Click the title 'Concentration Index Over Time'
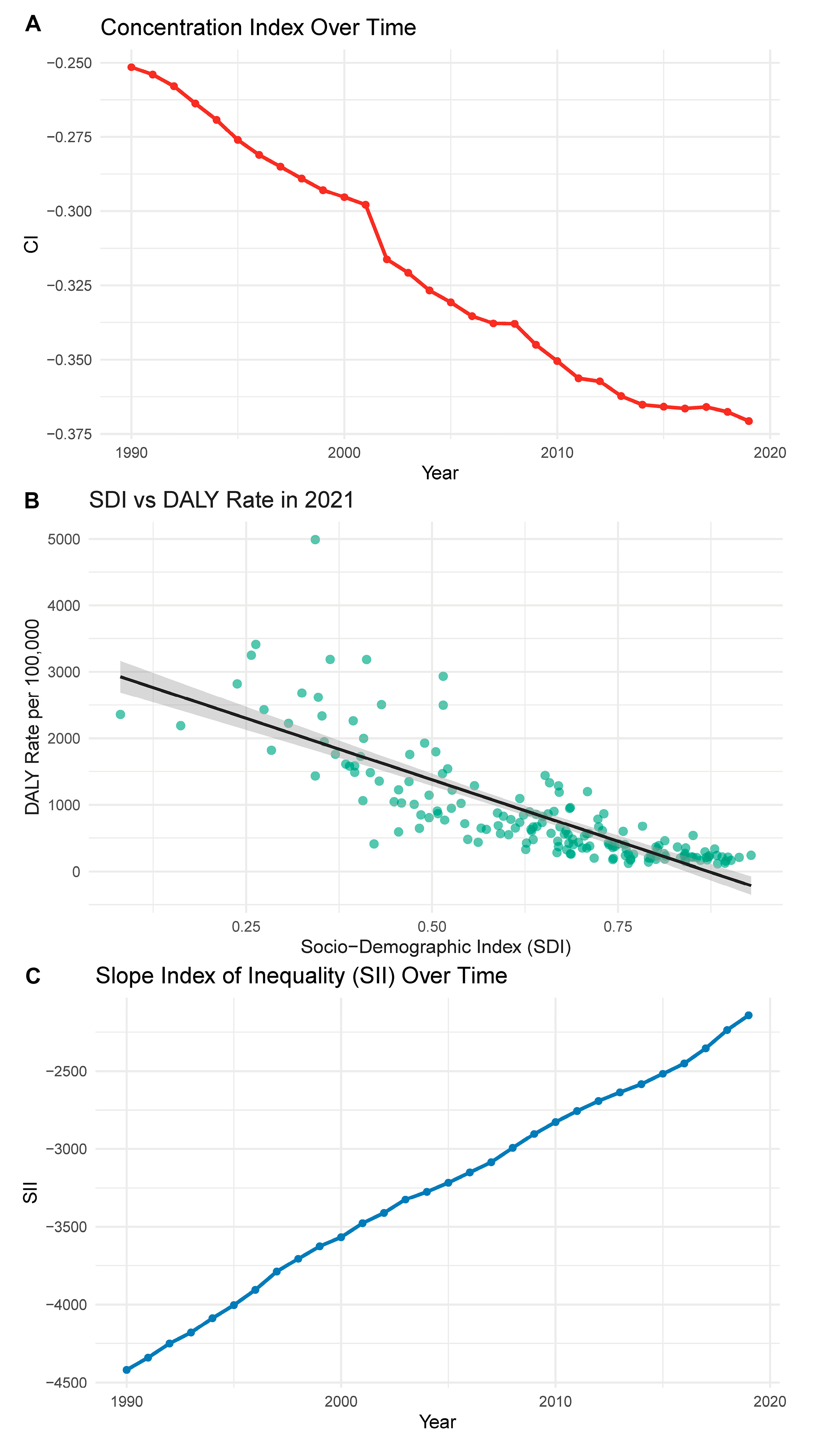pos(258,27)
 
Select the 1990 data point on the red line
pos(131,67)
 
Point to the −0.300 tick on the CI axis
pos(69,211)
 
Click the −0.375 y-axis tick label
pos(69,435)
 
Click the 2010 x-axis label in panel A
pos(557,453)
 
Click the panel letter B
pos(32,500)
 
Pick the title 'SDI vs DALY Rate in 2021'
pos(221,500)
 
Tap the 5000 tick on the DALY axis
pos(64,539)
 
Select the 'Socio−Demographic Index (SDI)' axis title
pos(435,947)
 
